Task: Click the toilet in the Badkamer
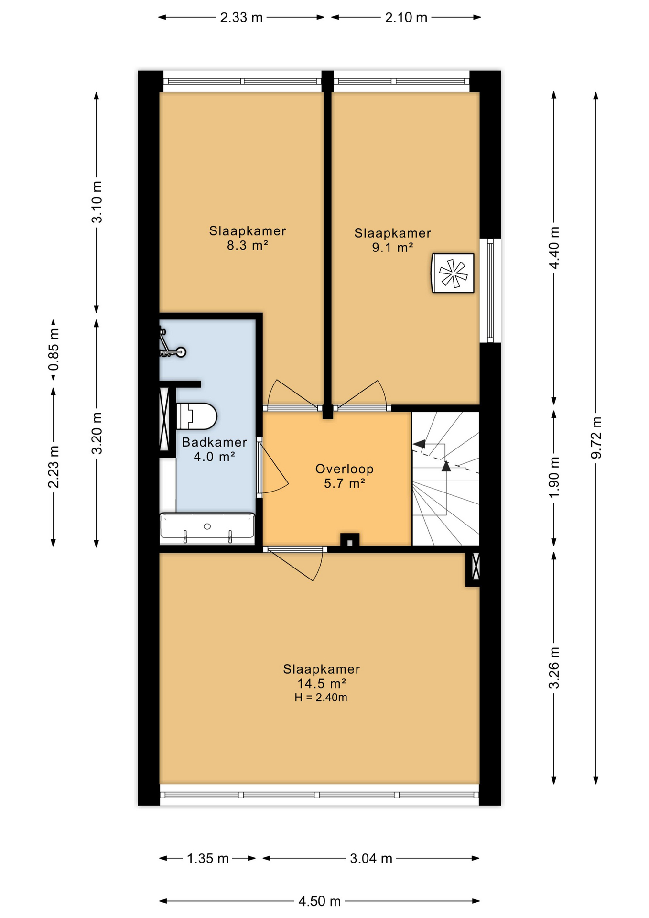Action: coord(196,416)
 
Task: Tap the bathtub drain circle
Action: coord(207,526)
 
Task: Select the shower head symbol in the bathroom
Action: coord(181,352)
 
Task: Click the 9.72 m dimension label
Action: coord(596,437)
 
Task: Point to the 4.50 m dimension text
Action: coord(319,901)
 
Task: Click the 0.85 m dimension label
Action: coord(54,350)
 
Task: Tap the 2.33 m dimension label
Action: coord(241,18)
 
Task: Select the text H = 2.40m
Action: coord(321,698)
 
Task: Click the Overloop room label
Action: coord(344,469)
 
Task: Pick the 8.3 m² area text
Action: coord(247,246)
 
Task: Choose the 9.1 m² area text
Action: coord(392,248)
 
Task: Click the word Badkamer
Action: coord(214,442)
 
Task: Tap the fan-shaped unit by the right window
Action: coord(453,273)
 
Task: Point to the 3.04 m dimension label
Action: coord(371,859)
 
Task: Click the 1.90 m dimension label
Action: coord(554,477)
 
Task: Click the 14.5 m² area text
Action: coord(321,684)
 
